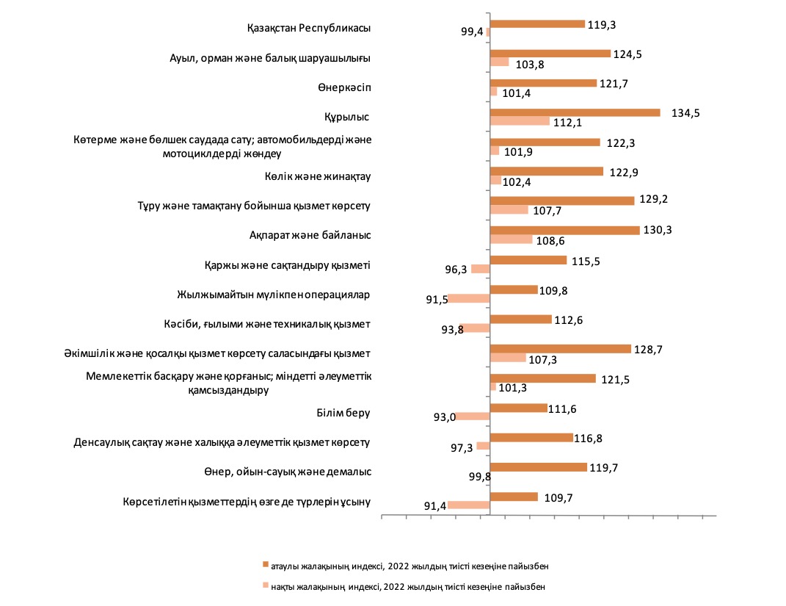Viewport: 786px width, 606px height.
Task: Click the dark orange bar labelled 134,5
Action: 575,113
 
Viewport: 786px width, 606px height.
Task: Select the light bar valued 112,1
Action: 520,121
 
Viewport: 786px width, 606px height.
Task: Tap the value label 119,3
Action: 602,25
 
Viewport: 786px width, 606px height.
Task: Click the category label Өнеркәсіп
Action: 344,88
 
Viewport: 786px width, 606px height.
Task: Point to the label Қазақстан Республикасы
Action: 309,28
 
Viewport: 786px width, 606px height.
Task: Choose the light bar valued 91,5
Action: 469,298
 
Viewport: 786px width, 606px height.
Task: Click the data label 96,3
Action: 456,270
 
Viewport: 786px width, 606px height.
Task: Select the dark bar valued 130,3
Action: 565,230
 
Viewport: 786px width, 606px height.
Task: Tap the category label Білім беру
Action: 343,413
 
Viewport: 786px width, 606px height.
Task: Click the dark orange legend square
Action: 266,564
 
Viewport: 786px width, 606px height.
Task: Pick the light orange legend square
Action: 266,585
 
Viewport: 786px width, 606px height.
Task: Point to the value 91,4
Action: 435,506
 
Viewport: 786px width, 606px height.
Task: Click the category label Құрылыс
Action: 346,118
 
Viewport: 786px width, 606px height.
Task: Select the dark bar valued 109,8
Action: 514,289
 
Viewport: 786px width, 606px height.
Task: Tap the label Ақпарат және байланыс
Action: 310,235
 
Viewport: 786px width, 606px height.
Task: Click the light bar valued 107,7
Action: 509,209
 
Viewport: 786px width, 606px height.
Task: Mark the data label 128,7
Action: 648,350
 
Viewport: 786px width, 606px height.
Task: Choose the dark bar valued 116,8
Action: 531,438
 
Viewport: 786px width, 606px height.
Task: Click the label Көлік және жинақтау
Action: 318,176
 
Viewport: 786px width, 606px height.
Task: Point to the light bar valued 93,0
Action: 473,416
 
